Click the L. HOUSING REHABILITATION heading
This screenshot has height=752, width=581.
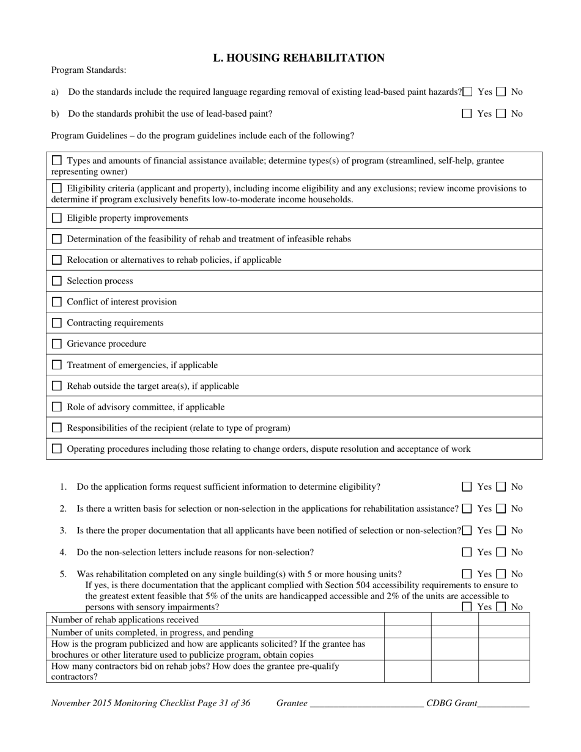pos(298,58)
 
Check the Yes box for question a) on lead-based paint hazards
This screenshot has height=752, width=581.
pos(468,92)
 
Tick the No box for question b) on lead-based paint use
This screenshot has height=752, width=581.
pos(501,113)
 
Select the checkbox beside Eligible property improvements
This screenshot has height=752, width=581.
pos(57,218)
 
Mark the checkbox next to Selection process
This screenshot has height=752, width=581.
pos(57,281)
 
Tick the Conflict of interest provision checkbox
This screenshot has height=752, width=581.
pos(57,301)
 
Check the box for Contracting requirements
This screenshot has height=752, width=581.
pos(57,322)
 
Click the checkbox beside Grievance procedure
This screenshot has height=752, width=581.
pos(57,344)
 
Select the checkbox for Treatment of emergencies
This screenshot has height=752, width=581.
pos(57,365)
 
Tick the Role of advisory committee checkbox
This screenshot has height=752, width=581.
pos(57,407)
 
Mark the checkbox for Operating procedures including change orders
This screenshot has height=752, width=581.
pos(57,449)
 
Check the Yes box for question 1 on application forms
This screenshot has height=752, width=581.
pos(467,487)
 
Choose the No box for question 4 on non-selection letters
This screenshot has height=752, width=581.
pos(501,552)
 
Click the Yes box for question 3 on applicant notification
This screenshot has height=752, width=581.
pos(468,530)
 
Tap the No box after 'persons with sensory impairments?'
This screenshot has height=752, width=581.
pos(501,607)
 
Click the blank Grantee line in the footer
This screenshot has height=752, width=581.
pos(366,703)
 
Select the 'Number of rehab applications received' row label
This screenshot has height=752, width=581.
pos(125,619)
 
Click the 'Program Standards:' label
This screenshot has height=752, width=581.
pos(89,70)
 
